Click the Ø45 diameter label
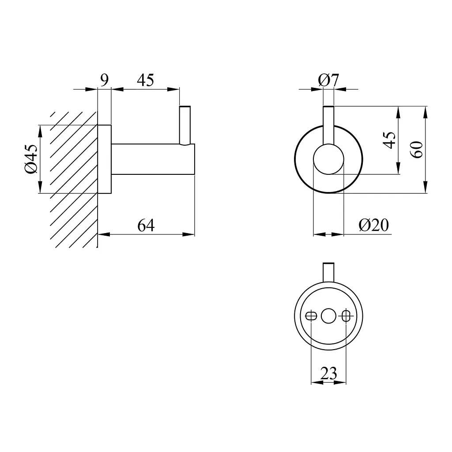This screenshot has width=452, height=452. [31, 159]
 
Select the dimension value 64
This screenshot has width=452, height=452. [146, 226]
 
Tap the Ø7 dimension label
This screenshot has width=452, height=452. [328, 80]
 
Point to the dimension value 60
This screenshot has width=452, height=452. [417, 150]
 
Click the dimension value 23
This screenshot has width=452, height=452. [328, 373]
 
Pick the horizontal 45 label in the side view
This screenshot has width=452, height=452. [146, 80]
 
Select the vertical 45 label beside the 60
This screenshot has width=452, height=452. [390, 140]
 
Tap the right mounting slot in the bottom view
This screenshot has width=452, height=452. [346, 316]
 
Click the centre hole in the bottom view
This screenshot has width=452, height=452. [328, 316]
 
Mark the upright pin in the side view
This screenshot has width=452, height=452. [185, 125]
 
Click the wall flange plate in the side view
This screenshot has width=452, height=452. [105, 159]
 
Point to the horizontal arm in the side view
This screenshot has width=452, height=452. [153, 159]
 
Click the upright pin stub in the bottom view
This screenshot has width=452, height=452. [328, 272]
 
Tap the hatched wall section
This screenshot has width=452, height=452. [74, 179]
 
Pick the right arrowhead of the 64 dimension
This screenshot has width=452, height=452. [189, 234]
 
